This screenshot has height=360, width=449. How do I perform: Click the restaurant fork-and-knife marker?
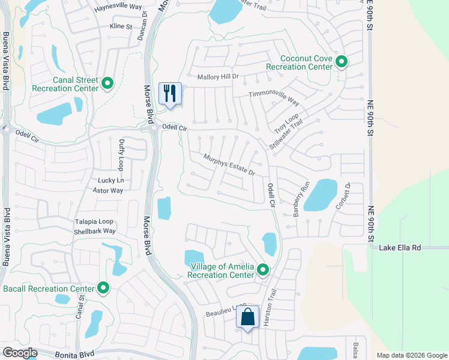tap(170, 94)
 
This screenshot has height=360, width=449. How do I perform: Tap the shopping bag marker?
tap(247, 317)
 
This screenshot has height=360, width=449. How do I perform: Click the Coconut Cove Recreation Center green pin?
tap(342, 62)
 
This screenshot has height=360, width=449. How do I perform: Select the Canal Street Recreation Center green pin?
tap(107, 83)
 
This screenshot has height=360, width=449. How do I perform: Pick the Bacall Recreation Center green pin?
tap(104, 289)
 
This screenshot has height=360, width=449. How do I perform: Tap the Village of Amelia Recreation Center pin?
tap(262, 271)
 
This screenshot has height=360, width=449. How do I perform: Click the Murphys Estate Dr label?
tap(229, 164)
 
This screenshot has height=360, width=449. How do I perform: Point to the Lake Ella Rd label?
tap(405, 247)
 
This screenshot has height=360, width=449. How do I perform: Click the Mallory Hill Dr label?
tap(218, 77)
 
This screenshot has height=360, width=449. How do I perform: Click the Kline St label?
tap(120, 26)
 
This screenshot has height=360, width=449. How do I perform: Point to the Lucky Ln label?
tap(110, 181)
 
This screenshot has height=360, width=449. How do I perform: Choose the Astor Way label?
tap(107, 191)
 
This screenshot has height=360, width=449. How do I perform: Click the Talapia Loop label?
tap(94, 221)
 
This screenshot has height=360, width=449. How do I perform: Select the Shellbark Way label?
tap(95, 231)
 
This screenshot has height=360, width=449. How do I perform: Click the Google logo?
tap(20, 353)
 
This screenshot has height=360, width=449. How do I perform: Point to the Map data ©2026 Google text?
tap(412, 355)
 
